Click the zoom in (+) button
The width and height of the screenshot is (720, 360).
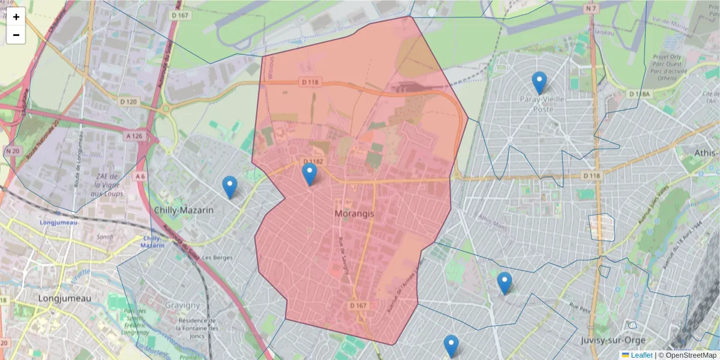point(16,17)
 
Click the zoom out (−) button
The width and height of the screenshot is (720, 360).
point(16,35)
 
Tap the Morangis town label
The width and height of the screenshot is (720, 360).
point(354,213)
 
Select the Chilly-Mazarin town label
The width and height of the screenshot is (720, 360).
point(184,211)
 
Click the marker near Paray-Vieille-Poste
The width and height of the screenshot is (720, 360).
point(539,83)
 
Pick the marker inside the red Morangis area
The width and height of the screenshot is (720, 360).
point(310,174)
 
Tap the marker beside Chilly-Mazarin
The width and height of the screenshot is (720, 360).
point(229,187)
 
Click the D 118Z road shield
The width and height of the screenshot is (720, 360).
point(313,162)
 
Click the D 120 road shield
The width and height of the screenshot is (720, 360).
point(128,102)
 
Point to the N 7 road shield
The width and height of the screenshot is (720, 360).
point(592,8)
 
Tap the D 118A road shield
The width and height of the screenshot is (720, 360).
point(640,94)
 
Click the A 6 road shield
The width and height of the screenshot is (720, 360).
point(140,176)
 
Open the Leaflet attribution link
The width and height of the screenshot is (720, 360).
point(641,355)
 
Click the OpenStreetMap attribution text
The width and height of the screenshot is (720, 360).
point(691,355)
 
